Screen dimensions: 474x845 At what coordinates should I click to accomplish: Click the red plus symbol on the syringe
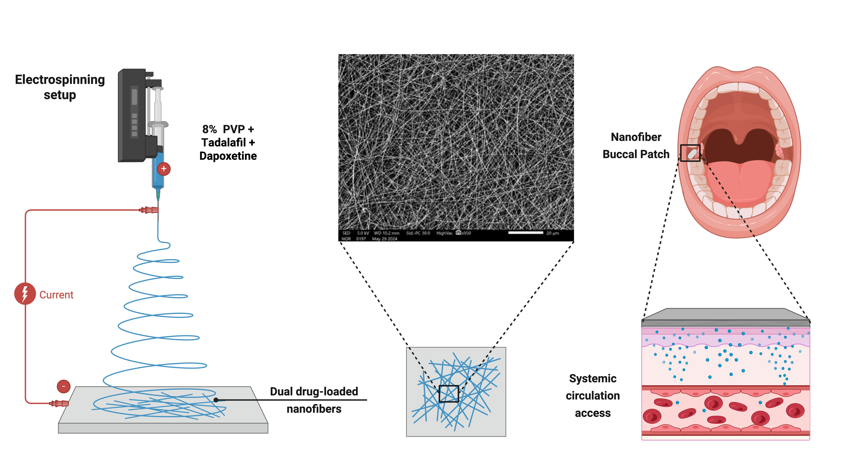tap(164, 169)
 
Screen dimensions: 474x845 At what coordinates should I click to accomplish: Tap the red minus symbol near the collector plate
tap(64, 386)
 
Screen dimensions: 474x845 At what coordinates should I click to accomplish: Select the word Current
tap(56, 295)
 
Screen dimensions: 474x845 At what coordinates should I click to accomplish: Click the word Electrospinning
tap(60, 80)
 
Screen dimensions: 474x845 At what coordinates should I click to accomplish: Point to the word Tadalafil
tap(223, 143)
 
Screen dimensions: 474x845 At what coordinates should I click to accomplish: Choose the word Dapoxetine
tap(228, 156)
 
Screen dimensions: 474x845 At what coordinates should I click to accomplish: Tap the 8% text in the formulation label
tap(209, 130)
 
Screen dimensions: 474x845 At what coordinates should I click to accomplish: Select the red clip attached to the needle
tap(149, 210)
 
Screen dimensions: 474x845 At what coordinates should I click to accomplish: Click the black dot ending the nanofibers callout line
tap(216, 400)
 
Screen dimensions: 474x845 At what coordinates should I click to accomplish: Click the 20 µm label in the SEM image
tap(553, 233)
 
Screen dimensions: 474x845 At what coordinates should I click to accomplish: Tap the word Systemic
tap(593, 379)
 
